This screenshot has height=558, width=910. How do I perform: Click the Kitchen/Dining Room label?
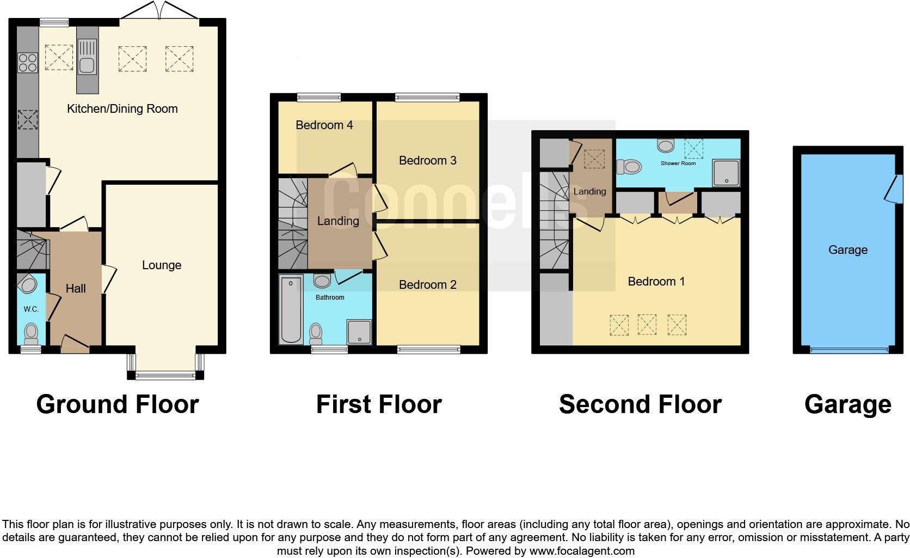122,108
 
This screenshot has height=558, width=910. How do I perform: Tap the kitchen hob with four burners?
27,62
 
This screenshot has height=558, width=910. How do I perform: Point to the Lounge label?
161,265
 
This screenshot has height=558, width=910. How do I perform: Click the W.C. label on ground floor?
31,309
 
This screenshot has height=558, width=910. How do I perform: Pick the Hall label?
76,288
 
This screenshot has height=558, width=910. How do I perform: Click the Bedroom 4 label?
324,125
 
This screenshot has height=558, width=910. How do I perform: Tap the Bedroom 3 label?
427,160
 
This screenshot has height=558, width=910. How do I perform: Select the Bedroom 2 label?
427,284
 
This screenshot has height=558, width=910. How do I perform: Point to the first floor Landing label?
338,221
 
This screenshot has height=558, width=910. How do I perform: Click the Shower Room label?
678,163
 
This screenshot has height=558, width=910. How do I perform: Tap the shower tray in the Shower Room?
726,173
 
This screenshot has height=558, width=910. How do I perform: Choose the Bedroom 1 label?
656,281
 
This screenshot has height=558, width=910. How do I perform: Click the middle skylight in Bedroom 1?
647,325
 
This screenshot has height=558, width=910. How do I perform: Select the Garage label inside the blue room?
847,250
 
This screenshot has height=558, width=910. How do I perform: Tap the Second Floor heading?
640,404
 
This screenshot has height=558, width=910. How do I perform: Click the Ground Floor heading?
117,404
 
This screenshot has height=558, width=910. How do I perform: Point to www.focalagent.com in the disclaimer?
582,551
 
